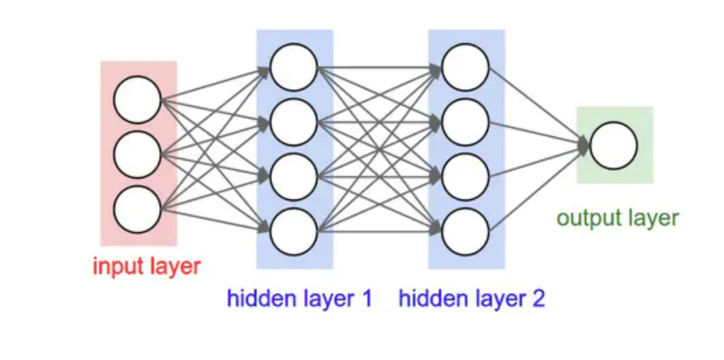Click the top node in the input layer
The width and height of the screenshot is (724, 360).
(137, 100)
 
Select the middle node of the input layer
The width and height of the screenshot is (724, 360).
(137, 155)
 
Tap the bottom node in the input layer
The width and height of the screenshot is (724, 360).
(137, 210)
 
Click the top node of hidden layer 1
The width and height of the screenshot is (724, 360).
(294, 67)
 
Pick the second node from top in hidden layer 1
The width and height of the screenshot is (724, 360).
(294, 123)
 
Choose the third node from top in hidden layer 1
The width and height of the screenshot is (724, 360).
(294, 177)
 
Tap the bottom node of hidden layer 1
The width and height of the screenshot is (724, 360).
(294, 233)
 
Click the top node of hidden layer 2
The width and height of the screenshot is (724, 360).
(465, 67)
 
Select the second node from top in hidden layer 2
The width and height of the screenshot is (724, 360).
(465, 123)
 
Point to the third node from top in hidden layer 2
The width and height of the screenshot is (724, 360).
(465, 177)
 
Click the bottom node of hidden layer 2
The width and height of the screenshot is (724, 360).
(465, 233)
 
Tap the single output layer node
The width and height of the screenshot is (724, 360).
(613, 145)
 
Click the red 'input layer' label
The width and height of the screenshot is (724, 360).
(147, 266)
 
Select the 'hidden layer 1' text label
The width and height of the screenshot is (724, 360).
(300, 299)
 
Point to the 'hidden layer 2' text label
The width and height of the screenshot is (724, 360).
(471, 299)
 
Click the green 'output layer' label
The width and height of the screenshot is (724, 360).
(617, 218)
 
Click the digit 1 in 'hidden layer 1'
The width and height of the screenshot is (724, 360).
(366, 299)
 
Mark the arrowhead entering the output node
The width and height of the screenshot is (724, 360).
(583, 145)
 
